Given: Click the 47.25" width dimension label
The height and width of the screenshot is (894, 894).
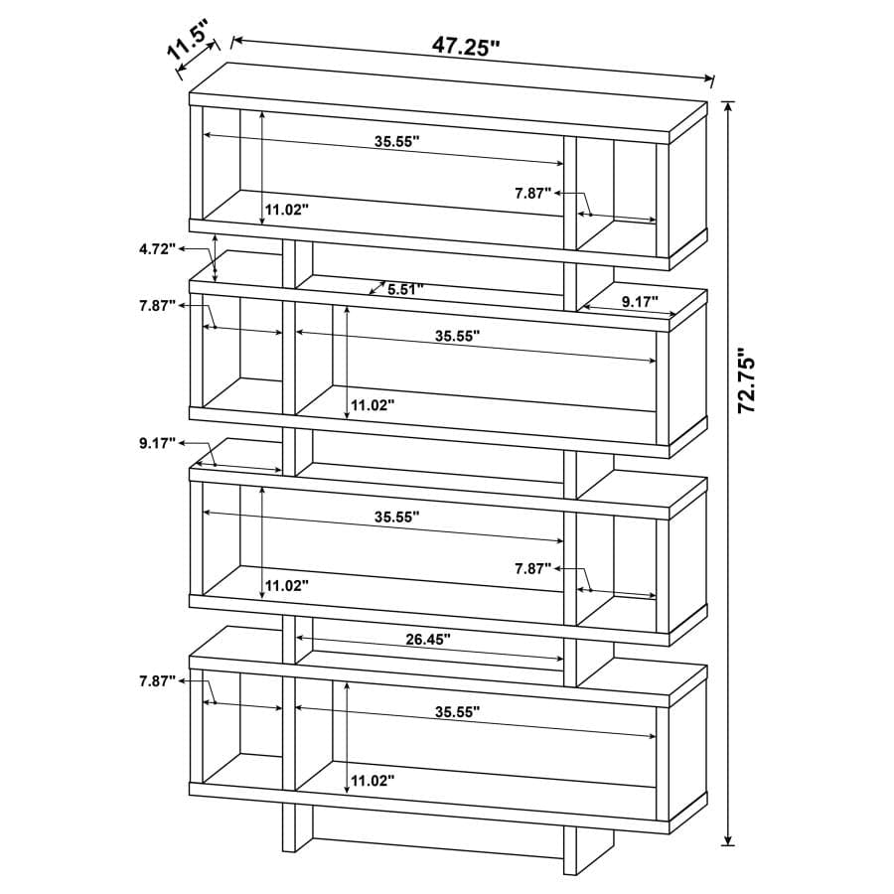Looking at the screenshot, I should click(465, 47).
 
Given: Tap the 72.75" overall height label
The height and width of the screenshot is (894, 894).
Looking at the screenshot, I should click(751, 379).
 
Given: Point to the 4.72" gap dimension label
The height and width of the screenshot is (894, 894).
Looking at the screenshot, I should click(157, 249).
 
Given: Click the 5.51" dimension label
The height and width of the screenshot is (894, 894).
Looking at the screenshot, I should click(405, 290).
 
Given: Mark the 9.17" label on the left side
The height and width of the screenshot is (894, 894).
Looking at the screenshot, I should click(157, 443).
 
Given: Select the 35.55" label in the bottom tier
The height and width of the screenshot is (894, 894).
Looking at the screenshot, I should click(457, 711).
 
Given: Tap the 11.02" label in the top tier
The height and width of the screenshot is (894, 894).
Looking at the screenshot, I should click(287, 210).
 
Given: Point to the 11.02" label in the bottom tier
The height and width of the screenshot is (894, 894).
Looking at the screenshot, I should click(372, 782).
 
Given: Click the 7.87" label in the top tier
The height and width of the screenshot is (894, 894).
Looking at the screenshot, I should click(532, 194).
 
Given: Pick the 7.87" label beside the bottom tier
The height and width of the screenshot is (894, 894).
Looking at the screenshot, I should click(157, 680).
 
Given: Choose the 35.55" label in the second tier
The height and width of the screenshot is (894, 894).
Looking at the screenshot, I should click(457, 336).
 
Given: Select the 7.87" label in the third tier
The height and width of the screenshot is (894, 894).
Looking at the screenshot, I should click(532, 569).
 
